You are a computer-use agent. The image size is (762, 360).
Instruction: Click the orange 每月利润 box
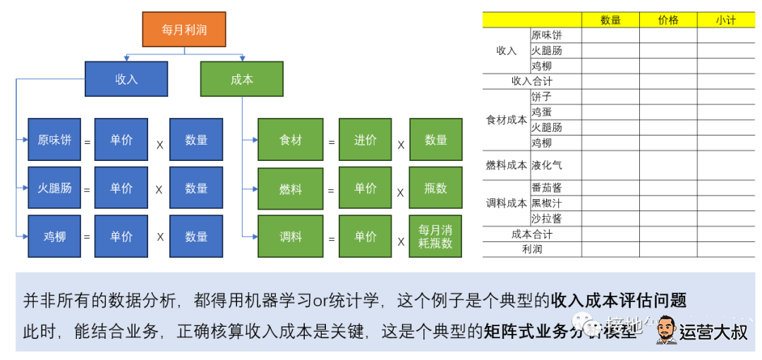[184, 30]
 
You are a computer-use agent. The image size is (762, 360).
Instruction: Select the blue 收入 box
[126, 79]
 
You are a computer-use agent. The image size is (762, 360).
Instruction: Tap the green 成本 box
[242, 79]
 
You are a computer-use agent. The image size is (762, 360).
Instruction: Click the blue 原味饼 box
[54, 140]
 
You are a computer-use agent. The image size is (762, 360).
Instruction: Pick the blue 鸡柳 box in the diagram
[54, 236]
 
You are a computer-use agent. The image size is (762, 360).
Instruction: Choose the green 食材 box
[290, 140]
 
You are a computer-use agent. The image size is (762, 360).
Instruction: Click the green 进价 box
[365, 140]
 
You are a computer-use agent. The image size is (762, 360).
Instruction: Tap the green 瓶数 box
[436, 188]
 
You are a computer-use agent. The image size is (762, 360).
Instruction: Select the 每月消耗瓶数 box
[436, 236]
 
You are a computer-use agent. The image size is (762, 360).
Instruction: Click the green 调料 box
[290, 236]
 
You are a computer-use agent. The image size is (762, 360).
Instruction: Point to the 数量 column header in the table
[610, 20]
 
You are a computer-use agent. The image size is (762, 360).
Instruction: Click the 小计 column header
[725, 20]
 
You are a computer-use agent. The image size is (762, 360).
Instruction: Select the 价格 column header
[668, 20]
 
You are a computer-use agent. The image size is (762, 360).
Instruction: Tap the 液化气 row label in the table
[546, 165]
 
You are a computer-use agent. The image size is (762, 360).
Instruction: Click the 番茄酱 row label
[546, 188]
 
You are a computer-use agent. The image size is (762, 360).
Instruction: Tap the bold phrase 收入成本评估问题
[619, 300]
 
